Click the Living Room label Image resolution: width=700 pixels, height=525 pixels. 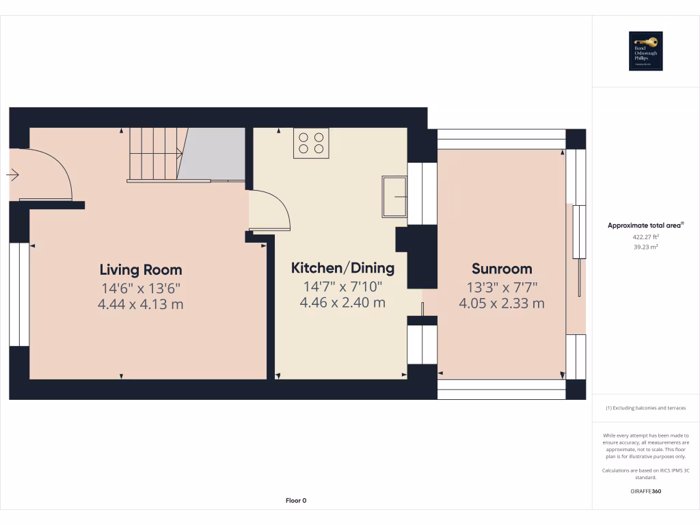[141, 269]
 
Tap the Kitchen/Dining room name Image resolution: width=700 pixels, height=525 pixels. [342, 267]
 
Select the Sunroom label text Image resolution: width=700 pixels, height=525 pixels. [502, 269]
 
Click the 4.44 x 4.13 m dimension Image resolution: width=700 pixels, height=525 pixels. [141, 304]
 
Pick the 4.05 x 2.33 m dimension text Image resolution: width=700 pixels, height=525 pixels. [502, 304]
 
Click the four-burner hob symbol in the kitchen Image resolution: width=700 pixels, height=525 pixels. [311, 143]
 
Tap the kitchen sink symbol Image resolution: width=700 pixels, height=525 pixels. [394, 196]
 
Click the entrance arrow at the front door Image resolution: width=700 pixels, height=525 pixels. [12, 176]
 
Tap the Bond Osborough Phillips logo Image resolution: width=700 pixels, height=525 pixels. [645, 51]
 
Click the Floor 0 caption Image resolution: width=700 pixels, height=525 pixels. [296, 501]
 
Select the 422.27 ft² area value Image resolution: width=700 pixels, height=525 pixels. [645, 237]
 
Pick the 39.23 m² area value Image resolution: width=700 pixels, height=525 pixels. [645, 247]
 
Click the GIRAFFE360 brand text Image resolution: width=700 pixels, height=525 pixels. [645, 492]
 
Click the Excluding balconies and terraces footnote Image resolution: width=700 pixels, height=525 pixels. [645, 408]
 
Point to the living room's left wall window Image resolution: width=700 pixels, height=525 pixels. [19, 295]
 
